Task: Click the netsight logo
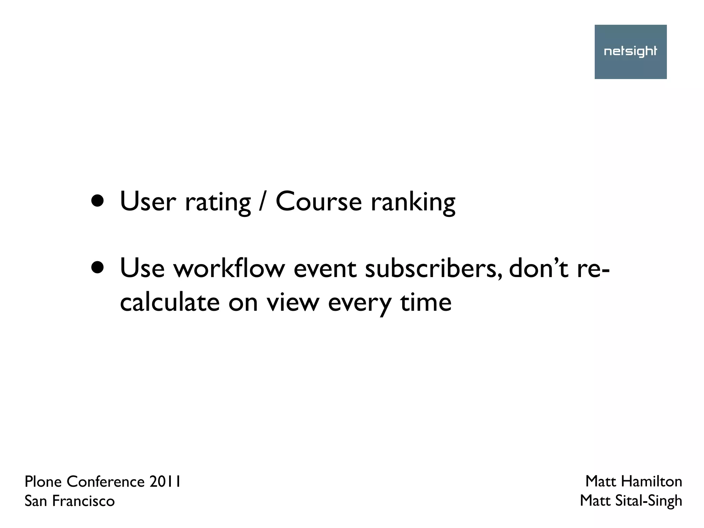click(630, 52)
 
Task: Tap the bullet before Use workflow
click(98, 268)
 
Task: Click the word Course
click(318, 201)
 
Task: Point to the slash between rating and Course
click(263, 201)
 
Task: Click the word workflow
click(229, 268)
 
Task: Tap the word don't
click(538, 268)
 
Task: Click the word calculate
click(169, 302)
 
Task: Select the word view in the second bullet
click(293, 302)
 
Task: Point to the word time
click(426, 302)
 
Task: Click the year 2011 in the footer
click(165, 482)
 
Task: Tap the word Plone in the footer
click(44, 482)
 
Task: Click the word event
click(324, 268)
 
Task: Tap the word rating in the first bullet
click(218, 203)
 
